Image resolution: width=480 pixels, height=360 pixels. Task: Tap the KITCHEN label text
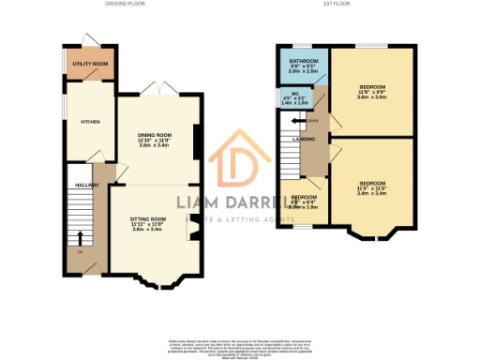coord(90,122)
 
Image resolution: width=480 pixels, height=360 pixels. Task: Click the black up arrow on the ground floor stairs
coord(79,238)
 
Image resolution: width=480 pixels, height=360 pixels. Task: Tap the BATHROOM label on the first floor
coord(304,64)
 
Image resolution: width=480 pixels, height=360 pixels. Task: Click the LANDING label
coord(305,139)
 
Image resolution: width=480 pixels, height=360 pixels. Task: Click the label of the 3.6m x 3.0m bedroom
coord(373,90)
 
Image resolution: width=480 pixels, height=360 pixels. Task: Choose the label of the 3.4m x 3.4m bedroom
coord(373,187)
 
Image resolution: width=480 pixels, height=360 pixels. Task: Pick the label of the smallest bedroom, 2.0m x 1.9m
coord(307,202)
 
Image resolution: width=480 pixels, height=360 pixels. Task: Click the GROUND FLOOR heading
coord(124,4)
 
